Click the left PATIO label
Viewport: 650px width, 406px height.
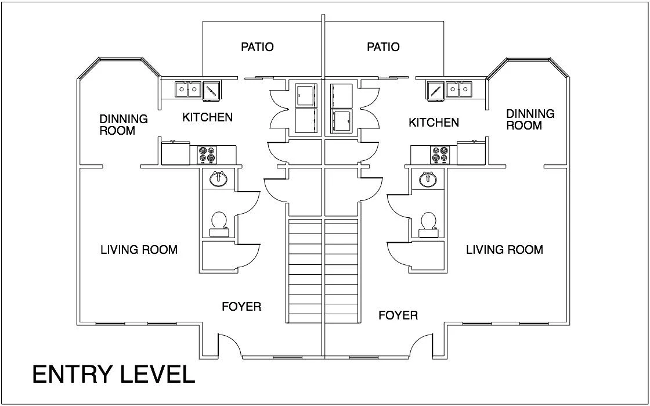click(258, 47)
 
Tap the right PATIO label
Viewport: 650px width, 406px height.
click(384, 47)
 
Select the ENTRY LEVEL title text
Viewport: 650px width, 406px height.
click(114, 375)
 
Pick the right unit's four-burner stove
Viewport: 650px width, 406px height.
click(439, 155)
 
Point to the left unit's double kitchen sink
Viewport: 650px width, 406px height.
click(188, 89)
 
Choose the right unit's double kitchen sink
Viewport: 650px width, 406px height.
click(459, 89)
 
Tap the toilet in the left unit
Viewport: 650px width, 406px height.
click(218, 224)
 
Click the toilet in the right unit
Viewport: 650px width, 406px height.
click(428, 224)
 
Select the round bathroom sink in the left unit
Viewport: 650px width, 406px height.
click(218, 179)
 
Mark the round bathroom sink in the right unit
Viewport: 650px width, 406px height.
click(428, 179)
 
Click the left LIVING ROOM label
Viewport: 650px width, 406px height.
click(139, 250)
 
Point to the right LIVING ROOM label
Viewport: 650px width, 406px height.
click(504, 250)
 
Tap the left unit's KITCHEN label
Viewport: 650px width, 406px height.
click(208, 117)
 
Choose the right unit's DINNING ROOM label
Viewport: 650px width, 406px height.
click(530, 120)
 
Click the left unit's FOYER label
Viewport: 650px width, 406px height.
click(241, 307)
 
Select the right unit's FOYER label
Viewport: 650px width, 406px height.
click(398, 315)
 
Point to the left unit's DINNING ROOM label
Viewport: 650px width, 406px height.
click(124, 124)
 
